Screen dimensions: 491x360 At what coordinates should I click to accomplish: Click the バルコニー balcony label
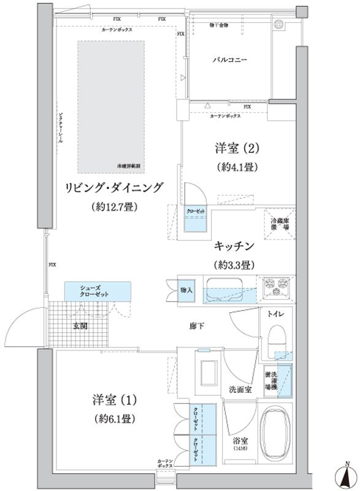(230, 60)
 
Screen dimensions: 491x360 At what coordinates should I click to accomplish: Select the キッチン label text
(234, 246)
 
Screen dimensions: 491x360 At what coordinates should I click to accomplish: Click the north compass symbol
(347, 474)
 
